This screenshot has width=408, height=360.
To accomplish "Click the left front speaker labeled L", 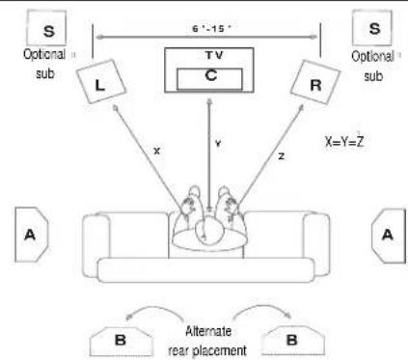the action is [x=101, y=81].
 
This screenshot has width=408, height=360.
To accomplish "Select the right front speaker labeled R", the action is [x=315, y=82].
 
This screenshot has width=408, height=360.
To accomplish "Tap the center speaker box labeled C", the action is [x=209, y=79].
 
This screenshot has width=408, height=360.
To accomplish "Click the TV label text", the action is [x=214, y=55].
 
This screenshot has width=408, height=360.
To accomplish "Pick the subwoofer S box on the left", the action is [x=46, y=28].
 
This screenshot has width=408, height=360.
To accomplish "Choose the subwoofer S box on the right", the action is [x=372, y=28].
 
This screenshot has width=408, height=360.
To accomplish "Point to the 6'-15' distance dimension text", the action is [x=211, y=29].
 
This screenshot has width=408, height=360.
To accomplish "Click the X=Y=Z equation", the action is [x=344, y=142].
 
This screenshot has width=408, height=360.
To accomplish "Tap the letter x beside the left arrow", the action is [x=156, y=151].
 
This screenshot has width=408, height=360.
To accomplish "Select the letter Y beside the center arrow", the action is [x=218, y=144].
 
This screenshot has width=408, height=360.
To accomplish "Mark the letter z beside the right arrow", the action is [x=282, y=156].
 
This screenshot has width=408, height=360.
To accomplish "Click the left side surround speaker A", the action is [x=32, y=235].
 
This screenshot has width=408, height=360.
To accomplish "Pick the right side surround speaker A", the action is [x=389, y=235].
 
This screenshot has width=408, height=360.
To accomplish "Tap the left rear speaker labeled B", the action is [x=121, y=341].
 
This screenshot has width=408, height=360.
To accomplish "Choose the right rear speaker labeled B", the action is [x=293, y=341].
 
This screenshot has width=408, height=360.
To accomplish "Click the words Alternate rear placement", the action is [x=207, y=341].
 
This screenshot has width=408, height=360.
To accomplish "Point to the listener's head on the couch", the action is [x=209, y=230].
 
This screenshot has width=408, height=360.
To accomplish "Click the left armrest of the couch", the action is [x=96, y=244].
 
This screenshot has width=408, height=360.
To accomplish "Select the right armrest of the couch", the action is [x=316, y=244].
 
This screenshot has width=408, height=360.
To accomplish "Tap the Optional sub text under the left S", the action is [x=45, y=64].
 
